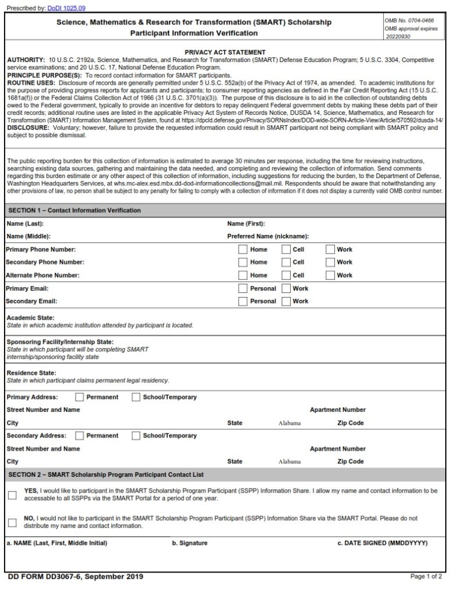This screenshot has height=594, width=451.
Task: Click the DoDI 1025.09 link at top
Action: [x=66, y=8]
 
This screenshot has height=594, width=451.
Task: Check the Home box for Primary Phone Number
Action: [x=243, y=249]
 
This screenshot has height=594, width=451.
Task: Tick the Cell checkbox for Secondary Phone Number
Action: [x=287, y=262]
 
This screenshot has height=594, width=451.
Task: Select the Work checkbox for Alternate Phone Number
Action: [x=330, y=275]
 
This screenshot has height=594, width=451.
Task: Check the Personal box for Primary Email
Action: [x=243, y=288]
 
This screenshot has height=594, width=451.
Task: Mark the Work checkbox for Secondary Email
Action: [x=286, y=301]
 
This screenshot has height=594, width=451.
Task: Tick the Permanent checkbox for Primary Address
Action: [x=80, y=397]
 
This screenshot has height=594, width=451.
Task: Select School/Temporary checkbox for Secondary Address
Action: [x=136, y=436]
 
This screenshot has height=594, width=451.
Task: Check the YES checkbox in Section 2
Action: [x=12, y=495]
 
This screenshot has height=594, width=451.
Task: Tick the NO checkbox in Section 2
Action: [x=12, y=522]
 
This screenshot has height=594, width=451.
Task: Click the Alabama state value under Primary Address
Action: [x=290, y=423]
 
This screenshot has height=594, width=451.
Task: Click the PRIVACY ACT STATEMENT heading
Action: [x=225, y=52]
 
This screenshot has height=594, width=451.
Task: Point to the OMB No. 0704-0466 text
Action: [x=409, y=20]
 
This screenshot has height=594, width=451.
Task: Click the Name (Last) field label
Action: [x=25, y=223]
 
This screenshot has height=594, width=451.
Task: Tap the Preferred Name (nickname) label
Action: [x=268, y=237]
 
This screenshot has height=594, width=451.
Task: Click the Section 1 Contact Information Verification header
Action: [x=74, y=210]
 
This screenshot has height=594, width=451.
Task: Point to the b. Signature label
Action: [x=189, y=544]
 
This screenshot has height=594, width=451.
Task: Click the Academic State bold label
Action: [x=30, y=318]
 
